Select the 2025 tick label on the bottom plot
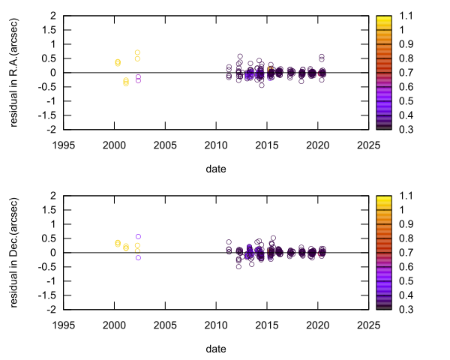pos(367,325)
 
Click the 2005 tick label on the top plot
pos(164,145)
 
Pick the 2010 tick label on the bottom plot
pos(215,325)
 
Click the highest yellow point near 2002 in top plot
pos(137,52)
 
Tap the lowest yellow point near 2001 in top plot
pos(126,83)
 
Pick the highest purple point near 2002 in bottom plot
pos(138,236)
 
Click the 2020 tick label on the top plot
pos(316,145)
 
